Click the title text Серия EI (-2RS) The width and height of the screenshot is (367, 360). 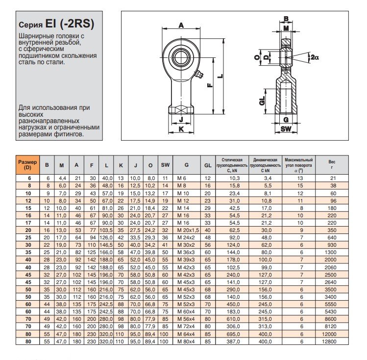tap(56, 25)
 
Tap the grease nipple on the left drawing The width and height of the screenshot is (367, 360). tap(198, 74)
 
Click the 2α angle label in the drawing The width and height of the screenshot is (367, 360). tap(315, 57)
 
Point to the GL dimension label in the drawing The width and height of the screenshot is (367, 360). tap(262, 101)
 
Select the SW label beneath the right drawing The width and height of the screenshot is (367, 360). tap(287, 129)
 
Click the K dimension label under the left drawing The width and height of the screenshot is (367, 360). tap(180, 129)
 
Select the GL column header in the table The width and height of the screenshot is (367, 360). tap(208, 165)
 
